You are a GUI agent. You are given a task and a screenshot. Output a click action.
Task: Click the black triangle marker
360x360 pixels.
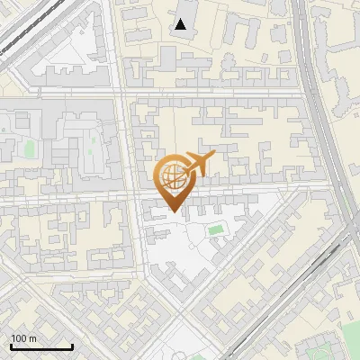181,24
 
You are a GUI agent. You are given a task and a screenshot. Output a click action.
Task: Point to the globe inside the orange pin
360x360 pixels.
171,175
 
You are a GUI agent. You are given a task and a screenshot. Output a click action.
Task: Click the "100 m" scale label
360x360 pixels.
23,338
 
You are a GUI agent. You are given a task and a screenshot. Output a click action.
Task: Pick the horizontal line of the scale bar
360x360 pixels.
41,346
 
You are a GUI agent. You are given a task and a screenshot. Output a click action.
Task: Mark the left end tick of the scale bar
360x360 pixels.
11,346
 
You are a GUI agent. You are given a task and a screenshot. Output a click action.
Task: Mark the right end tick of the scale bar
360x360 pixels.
72,346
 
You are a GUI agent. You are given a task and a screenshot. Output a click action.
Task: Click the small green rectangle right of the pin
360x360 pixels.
215,230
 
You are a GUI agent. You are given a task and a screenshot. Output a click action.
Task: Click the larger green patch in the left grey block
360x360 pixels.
29,148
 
